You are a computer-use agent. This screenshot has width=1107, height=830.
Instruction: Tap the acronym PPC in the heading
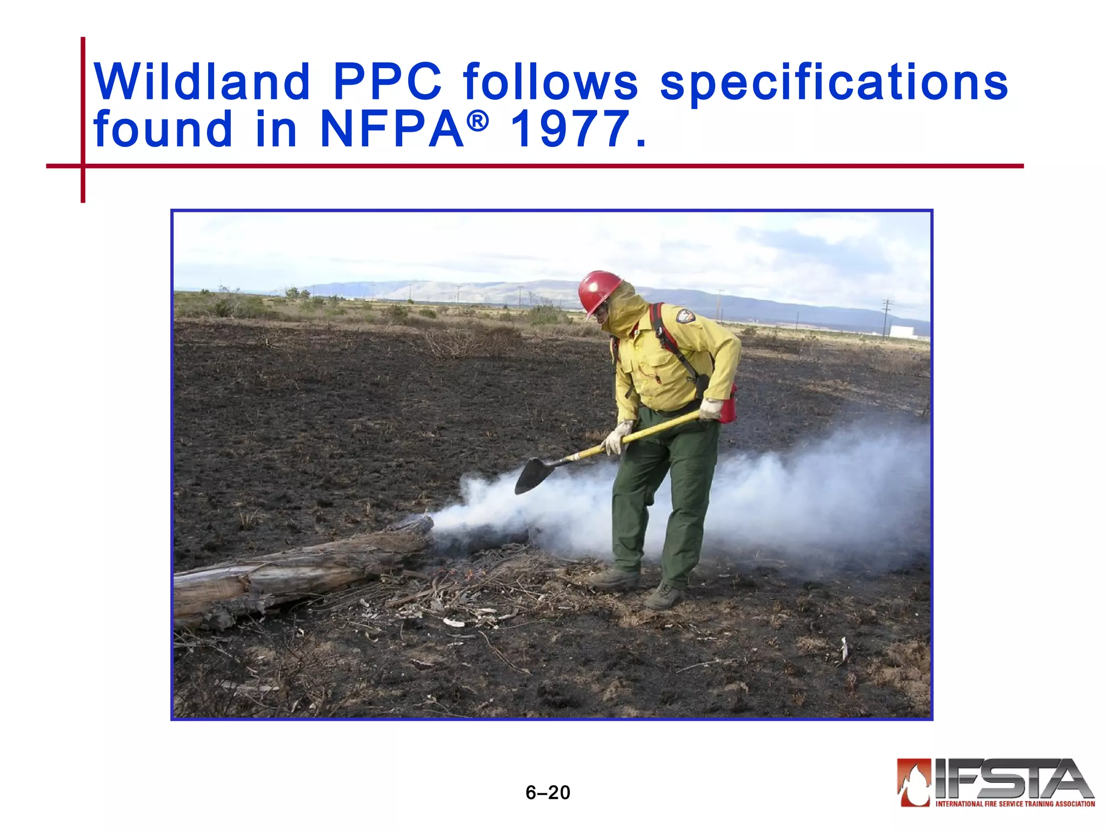(x=387, y=82)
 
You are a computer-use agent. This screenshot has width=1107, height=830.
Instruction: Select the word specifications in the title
(x=834, y=82)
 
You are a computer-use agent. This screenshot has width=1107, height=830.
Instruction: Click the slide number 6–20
(x=548, y=793)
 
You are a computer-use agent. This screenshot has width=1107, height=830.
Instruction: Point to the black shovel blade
(x=535, y=473)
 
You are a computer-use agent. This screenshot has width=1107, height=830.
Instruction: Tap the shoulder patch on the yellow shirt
(x=685, y=316)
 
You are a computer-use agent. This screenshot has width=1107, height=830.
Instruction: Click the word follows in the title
(x=551, y=82)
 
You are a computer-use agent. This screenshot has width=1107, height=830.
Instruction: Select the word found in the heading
(x=163, y=129)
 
